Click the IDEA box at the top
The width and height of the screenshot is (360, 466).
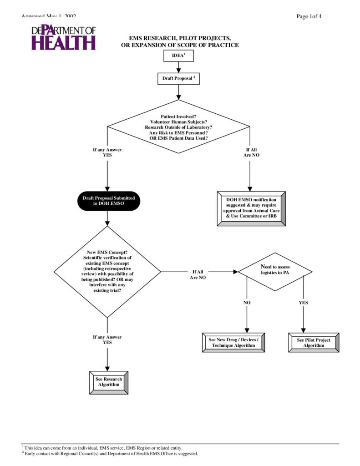point(178,56)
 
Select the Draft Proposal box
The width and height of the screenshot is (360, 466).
point(178,78)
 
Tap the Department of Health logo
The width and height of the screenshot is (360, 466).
point(64,37)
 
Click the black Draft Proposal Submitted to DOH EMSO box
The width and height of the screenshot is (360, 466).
point(108,201)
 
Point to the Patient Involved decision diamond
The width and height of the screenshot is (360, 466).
point(178,127)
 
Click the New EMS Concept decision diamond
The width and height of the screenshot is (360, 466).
point(107,272)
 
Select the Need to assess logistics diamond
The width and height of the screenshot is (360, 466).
point(275,272)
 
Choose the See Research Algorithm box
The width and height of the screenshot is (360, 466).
point(108,382)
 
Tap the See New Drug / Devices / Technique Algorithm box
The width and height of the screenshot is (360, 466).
point(233,343)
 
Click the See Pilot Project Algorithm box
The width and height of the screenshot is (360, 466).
point(314,343)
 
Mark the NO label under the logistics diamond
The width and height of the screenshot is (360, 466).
point(247,303)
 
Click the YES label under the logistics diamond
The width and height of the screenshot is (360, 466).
point(303,303)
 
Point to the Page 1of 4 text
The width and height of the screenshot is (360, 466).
point(309,17)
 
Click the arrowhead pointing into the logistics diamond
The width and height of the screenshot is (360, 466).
point(235,272)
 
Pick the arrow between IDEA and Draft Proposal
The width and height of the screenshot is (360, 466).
point(178,67)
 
